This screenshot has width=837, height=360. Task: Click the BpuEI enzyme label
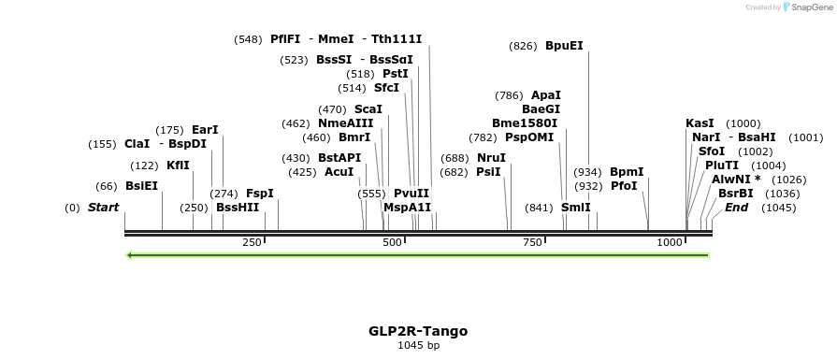[x=564, y=45]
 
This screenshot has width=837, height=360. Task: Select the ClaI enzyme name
[x=137, y=144]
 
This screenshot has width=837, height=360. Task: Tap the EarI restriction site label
[x=205, y=130]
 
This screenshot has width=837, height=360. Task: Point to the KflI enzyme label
[x=178, y=166]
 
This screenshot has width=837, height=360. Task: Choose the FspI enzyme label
[x=260, y=194]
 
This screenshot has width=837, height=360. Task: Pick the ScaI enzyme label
[x=368, y=109]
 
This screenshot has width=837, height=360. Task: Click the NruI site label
[x=491, y=158]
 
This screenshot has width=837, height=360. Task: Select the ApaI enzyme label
[x=546, y=95]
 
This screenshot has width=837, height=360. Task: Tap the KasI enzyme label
[x=700, y=123]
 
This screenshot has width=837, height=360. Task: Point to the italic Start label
[x=103, y=208]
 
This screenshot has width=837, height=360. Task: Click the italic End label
[x=736, y=208]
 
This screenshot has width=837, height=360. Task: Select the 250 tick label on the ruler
[x=252, y=243]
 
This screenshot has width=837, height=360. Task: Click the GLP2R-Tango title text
[x=418, y=331]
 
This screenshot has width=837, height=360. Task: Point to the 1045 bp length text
[x=418, y=346]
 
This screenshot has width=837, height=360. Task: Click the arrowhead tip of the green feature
[x=129, y=254]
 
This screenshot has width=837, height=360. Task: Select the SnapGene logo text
[x=810, y=7]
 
